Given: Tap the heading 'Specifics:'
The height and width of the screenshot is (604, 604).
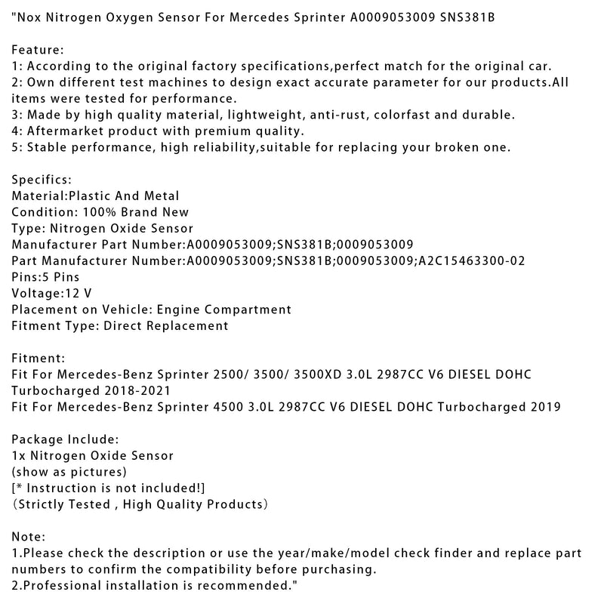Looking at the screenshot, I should [42, 179].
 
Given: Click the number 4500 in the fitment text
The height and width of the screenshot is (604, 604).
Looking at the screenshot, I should [233, 407].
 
